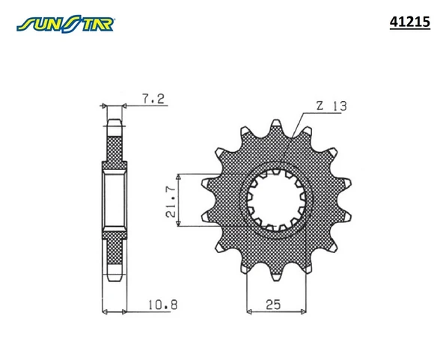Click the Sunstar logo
65,24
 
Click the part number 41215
409,22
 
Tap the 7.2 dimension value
153,99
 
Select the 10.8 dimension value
163,305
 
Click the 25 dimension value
273,305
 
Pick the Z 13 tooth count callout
332,106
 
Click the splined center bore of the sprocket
276,200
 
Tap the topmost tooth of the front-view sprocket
276,126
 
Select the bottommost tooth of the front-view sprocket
276,274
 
